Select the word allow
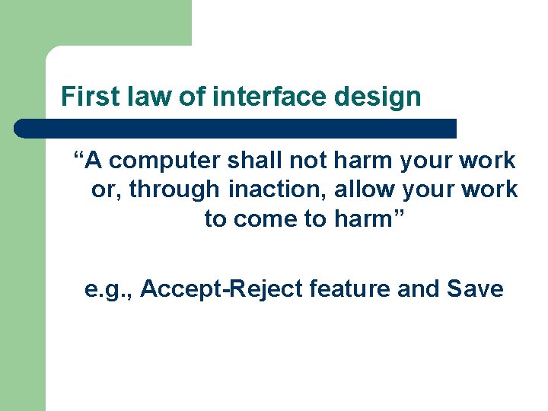362,190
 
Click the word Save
475,289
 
